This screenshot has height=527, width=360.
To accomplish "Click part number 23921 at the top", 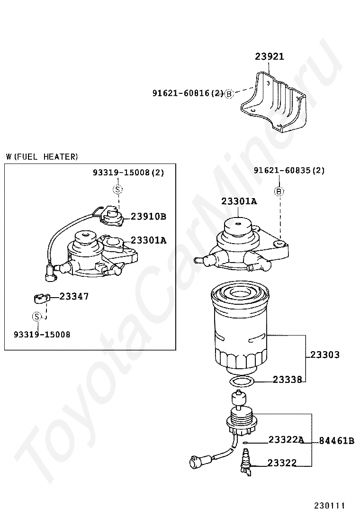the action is (270, 56).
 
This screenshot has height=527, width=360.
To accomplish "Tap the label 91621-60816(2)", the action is (188, 93).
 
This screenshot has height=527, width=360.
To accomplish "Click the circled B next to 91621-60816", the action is (229, 94).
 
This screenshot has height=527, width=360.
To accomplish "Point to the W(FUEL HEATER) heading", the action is (42, 157).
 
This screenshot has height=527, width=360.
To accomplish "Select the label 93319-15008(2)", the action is (128, 173).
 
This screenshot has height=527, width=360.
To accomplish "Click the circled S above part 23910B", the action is (118, 190).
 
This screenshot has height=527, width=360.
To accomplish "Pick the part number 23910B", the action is (148, 217).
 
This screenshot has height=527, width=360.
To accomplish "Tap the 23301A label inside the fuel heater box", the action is (148, 240).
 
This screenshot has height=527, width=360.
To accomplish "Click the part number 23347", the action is (74, 296).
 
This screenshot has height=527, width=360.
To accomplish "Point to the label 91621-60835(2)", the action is (289, 171).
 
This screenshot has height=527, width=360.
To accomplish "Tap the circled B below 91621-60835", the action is (279, 191).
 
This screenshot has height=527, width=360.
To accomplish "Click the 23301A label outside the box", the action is (239, 201).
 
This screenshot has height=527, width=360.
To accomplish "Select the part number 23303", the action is (325, 354).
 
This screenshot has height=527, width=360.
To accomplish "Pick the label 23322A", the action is (286, 440).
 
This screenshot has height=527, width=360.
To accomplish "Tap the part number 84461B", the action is (336, 441).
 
